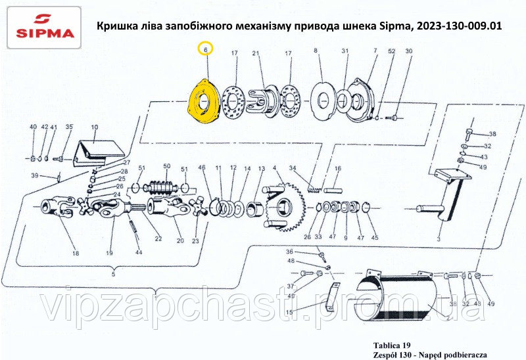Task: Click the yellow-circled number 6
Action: point(206,49)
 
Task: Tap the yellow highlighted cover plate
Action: point(204,101)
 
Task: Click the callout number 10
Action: point(95,127)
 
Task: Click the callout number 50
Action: point(167,166)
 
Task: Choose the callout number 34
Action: point(293,168)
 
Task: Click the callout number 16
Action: point(338,168)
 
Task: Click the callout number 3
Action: point(439,239)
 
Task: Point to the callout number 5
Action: point(113,274)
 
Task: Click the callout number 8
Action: point(316,51)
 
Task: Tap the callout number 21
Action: point(256,53)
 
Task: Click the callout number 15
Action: point(289,312)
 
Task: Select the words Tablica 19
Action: point(391,346)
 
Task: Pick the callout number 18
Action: point(76,253)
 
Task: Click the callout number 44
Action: point(139,252)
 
